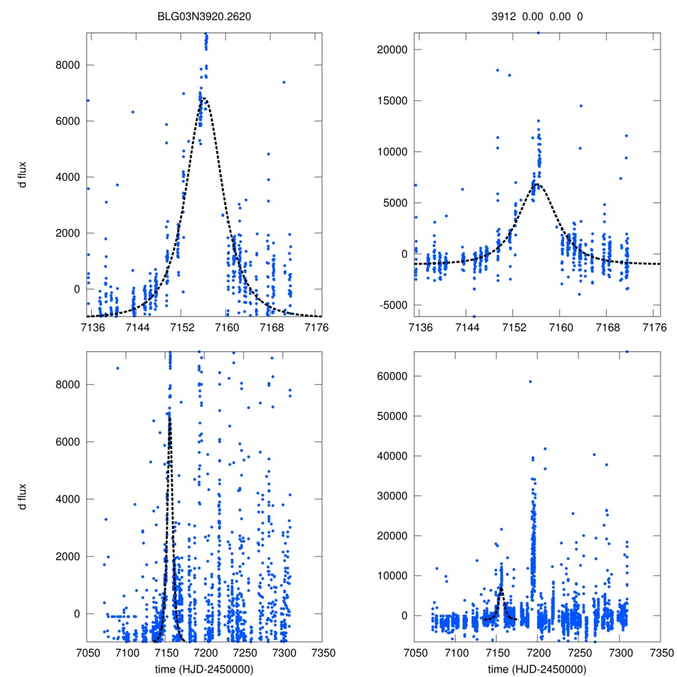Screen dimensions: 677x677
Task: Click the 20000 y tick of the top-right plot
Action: pyautogui.click(x=390, y=50)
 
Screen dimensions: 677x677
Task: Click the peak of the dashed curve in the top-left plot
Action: pyautogui.click(x=204, y=99)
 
